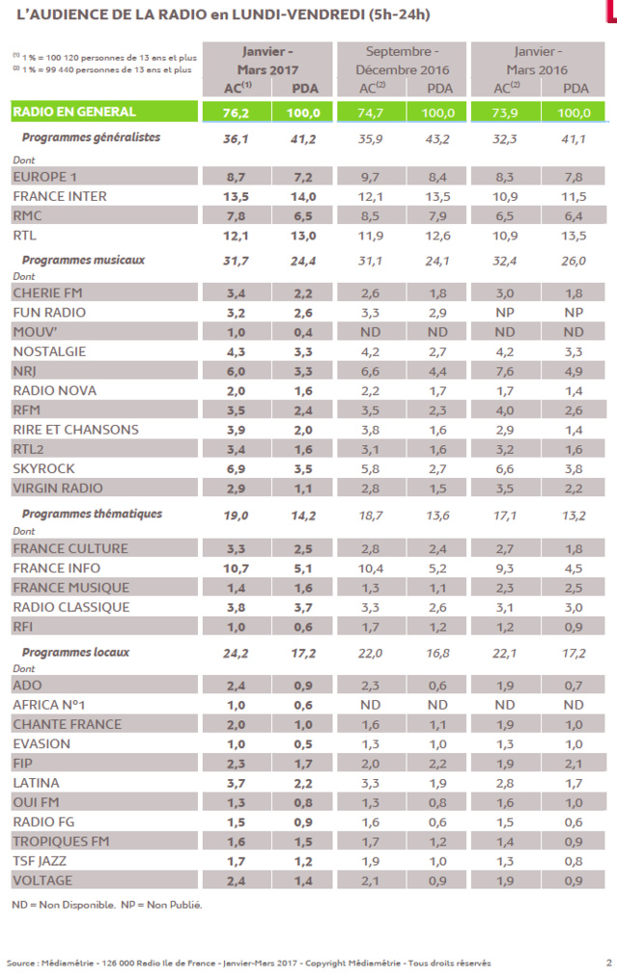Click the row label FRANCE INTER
coord(59,196)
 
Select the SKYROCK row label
coord(44,468)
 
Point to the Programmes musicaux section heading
coord(83,260)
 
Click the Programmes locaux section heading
coord(75,652)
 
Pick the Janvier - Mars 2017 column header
coord(264,60)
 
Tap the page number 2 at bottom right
coord(608,962)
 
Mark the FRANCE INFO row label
coord(56,568)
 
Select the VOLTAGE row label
coord(43,880)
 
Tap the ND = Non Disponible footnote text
coord(62,905)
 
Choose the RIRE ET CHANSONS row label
coord(75,430)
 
